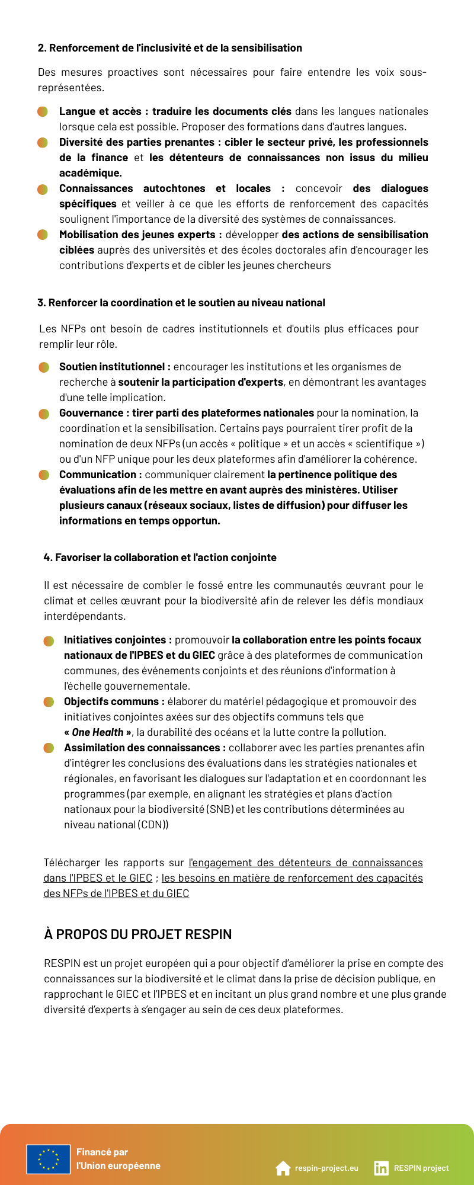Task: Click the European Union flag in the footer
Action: [49, 1158]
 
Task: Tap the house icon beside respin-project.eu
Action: [283, 1168]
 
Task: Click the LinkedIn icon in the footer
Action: [381, 1168]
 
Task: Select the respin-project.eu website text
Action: [326, 1168]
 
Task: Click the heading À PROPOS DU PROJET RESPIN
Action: [137, 934]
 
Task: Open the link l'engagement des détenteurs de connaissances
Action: [306, 863]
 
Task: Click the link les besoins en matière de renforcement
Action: [292, 878]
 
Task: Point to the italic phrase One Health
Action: [98, 732]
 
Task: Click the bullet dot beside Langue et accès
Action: [43, 111]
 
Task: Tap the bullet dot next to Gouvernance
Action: [44, 414]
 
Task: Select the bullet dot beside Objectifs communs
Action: [49, 702]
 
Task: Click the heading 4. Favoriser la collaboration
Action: [160, 558]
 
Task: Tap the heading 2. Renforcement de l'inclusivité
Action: [169, 48]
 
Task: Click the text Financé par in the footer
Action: [102, 1152]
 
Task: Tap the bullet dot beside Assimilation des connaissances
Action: [49, 748]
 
